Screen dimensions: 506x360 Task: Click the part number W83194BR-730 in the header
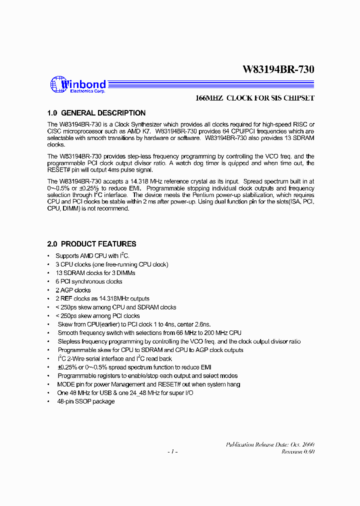point(278,69)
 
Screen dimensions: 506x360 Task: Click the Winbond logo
point(77,85)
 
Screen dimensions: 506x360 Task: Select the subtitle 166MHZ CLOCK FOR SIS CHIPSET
point(254,98)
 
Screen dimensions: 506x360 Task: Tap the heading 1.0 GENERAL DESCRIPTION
point(96,113)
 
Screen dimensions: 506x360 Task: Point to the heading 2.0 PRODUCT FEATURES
point(91,244)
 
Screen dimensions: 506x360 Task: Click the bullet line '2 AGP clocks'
point(73,290)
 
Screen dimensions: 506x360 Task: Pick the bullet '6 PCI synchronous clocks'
point(88,281)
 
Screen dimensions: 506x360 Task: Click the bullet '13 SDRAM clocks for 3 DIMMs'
point(95,273)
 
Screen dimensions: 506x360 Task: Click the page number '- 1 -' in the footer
point(172,451)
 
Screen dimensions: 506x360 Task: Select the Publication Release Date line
point(270,444)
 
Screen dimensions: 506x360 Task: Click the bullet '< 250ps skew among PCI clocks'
point(97,316)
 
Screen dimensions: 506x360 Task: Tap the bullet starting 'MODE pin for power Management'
point(148,384)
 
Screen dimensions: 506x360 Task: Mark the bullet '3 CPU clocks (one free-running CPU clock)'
point(111,264)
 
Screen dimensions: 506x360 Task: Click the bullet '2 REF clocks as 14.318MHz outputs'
point(102,298)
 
